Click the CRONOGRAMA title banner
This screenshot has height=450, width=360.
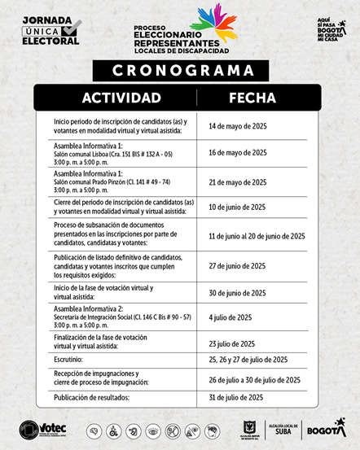[x=179, y=71]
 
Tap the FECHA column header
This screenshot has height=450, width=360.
[x=252, y=98]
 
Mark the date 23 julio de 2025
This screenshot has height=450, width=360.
[x=232, y=343]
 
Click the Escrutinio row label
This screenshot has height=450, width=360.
[x=68, y=359]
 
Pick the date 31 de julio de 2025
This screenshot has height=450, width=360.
[x=236, y=397]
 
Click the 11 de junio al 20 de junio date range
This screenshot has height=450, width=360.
[x=257, y=236]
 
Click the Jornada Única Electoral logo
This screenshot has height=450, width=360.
[x=51, y=30]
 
